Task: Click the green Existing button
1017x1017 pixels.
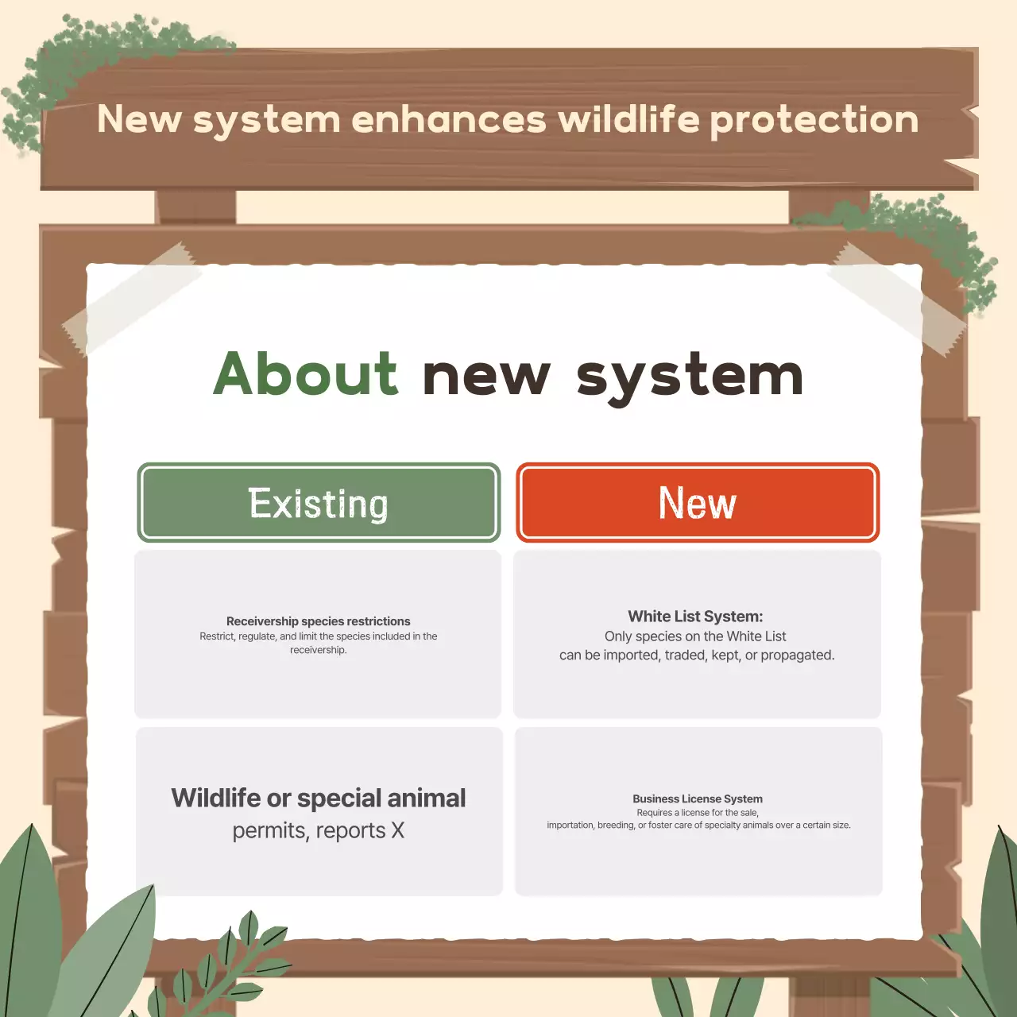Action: (319, 503)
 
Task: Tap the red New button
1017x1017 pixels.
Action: (698, 503)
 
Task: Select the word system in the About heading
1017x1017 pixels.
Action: (690, 377)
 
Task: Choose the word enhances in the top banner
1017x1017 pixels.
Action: (449, 119)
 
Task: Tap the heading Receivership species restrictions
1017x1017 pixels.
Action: (319, 621)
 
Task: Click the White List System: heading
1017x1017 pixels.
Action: (695, 617)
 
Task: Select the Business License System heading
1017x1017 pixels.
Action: (698, 799)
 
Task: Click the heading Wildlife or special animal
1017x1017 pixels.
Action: (319, 798)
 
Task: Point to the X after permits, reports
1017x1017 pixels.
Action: (398, 831)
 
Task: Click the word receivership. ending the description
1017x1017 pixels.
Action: (319, 650)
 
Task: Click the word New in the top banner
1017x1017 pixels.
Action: (139, 119)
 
